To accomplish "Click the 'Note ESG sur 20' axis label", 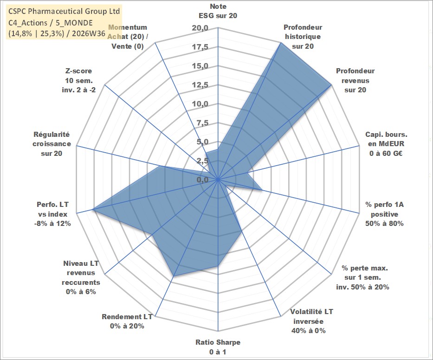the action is point(218,11).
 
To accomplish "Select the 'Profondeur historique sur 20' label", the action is point(303,37).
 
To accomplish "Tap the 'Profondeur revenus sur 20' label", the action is point(355,80).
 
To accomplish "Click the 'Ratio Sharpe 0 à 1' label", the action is point(218,347).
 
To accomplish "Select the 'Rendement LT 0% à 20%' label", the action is point(127,321).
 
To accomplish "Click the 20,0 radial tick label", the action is point(200,28).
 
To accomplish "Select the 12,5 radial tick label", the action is point(200,85).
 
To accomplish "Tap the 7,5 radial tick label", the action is point(202,123).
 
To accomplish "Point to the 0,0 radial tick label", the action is point(202,180).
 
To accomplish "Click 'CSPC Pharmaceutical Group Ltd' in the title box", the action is point(64,11).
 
